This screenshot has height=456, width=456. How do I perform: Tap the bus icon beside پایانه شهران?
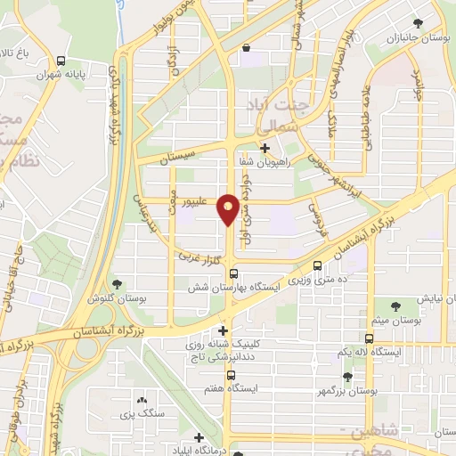click(60, 61)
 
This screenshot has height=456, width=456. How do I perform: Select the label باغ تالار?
click(19, 54)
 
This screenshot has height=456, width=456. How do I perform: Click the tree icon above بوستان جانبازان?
click(418, 23)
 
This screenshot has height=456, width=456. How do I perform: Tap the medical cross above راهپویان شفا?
click(265, 148)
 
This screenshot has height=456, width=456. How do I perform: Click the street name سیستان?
click(176, 158)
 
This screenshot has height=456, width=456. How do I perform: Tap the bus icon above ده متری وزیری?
click(319, 265)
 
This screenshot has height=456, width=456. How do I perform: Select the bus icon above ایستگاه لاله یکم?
click(369, 338)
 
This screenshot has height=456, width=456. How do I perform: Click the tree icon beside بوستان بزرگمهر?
click(347, 378)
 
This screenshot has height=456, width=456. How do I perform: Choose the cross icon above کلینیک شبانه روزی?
click(223, 331)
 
